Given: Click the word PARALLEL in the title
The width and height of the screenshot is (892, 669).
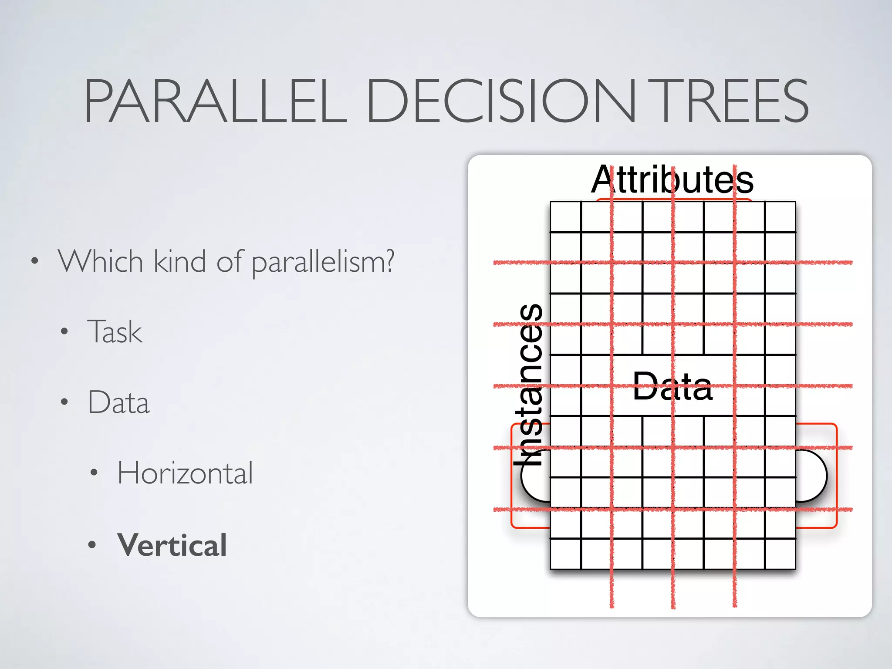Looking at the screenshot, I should click(216, 101).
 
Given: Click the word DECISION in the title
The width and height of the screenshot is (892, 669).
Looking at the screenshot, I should click(501, 101).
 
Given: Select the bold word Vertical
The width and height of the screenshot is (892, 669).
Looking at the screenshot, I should click(172, 545).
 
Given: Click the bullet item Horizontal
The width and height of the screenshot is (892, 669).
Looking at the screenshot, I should click(185, 473).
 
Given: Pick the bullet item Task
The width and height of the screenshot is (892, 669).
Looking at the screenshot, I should click(115, 332).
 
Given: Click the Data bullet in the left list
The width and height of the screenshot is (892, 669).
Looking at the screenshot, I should click(118, 402).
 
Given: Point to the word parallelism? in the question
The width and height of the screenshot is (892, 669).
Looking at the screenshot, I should click(323, 262).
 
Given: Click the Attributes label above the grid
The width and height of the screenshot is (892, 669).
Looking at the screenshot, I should click(672, 180).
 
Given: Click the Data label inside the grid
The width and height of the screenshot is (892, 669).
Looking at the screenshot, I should click(672, 386).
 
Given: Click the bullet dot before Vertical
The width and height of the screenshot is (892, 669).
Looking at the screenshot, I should click(92, 545).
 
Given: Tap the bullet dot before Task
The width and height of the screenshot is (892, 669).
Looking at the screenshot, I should click(64, 332).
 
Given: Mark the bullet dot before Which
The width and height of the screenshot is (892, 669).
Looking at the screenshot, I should click(35, 262).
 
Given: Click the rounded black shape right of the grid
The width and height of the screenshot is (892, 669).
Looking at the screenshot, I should click(812, 476).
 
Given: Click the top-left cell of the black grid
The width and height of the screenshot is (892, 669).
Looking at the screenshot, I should click(565, 216).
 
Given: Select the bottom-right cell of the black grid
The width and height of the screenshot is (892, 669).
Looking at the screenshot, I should click(780, 554).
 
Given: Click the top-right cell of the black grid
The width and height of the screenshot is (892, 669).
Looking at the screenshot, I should click(780, 216).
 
